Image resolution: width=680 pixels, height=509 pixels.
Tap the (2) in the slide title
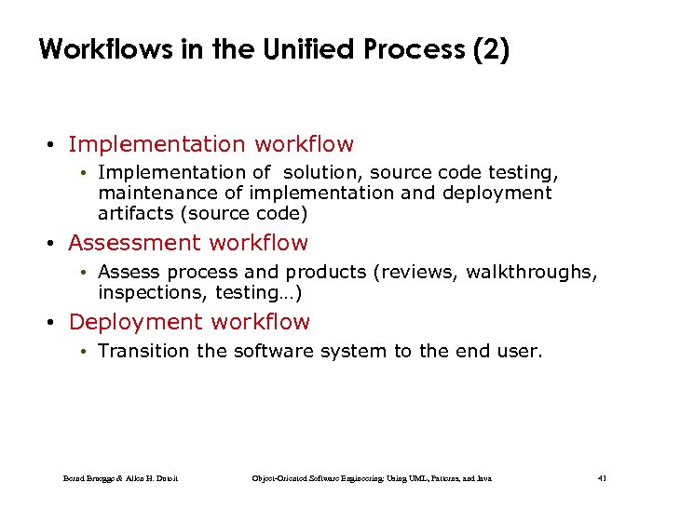491,49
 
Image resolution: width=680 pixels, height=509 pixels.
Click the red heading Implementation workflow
211,144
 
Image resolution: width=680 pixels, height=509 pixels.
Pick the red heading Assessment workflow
187,243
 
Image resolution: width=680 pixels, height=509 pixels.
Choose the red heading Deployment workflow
189,322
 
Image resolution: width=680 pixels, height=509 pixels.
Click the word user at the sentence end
521,351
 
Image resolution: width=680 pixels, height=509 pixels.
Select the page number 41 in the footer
602,478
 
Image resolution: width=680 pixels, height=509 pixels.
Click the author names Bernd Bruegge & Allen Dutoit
120,478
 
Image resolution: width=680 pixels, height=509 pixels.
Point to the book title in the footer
372,478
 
